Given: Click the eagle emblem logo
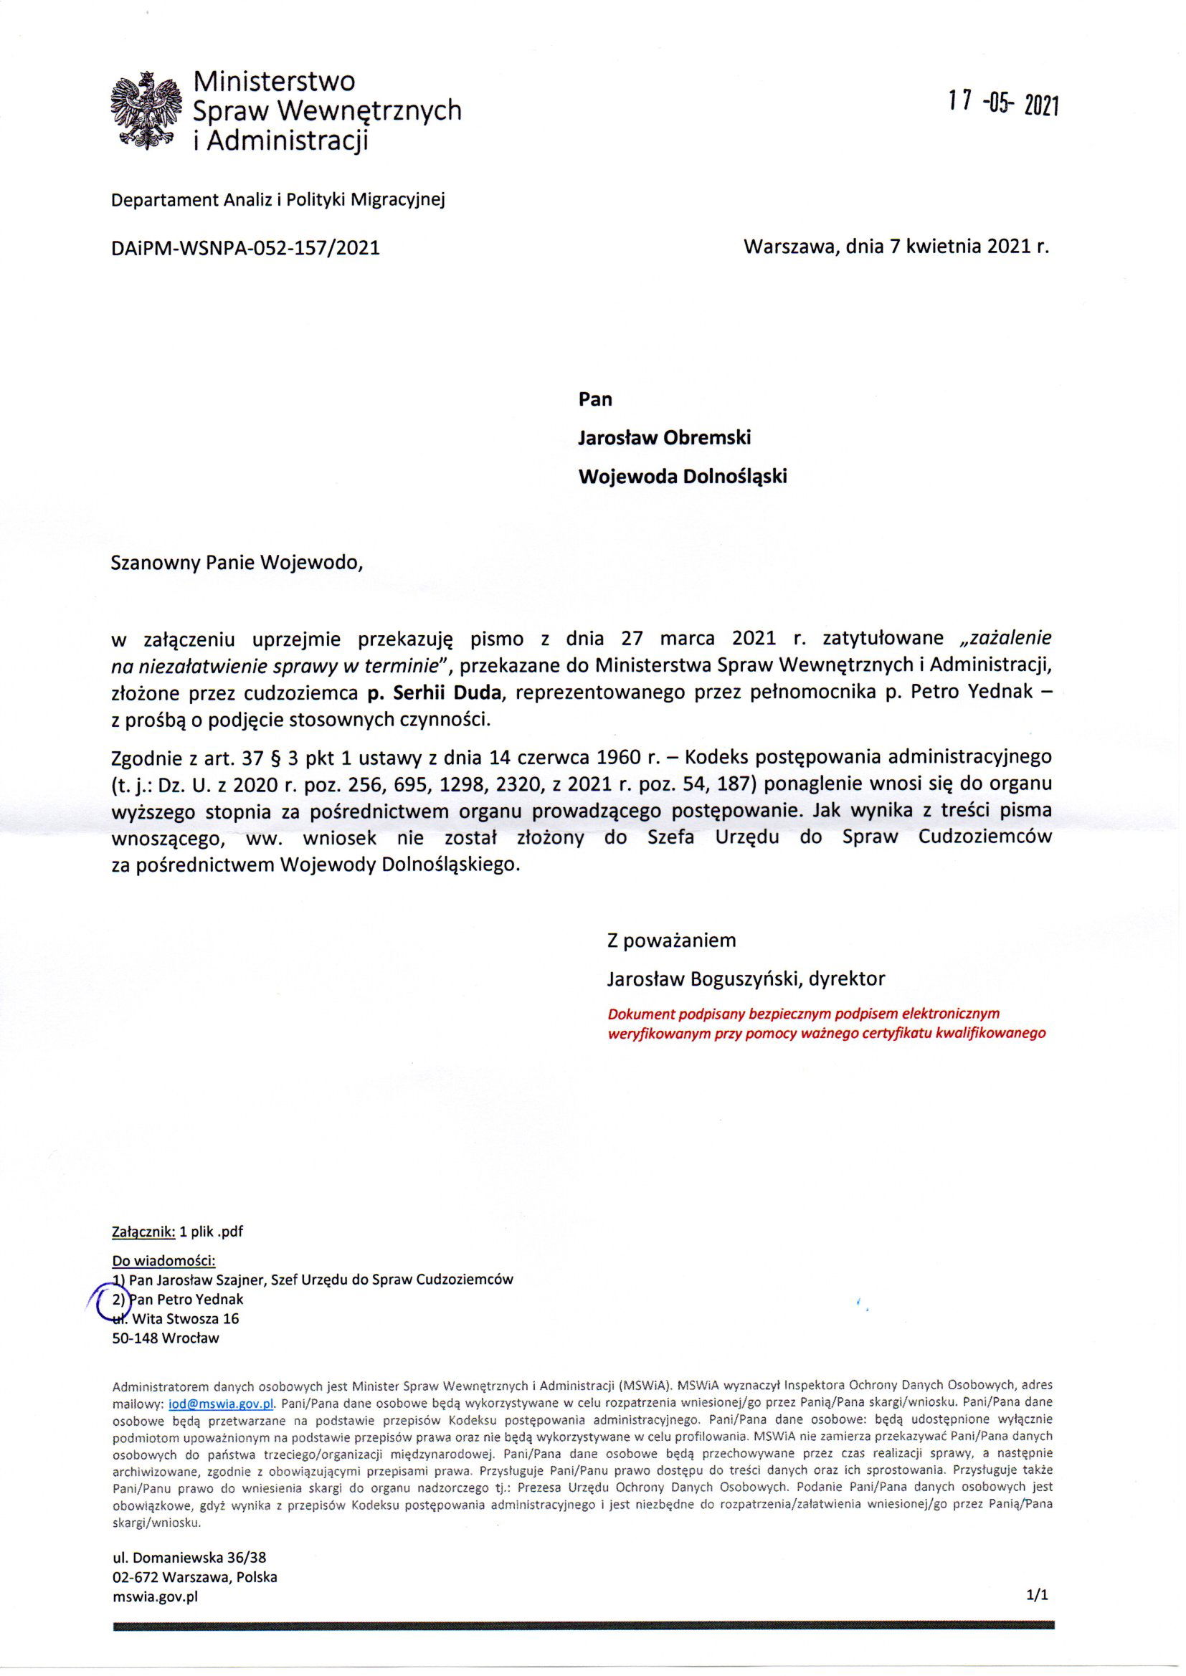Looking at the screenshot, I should click(x=146, y=112).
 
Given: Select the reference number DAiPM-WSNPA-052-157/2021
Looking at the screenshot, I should click(x=245, y=248).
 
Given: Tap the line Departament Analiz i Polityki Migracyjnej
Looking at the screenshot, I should click(x=277, y=199).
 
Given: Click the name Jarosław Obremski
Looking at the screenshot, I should click(x=665, y=437).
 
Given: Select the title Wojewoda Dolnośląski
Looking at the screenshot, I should click(x=683, y=476).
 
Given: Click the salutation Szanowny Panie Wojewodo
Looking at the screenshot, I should click(x=237, y=563).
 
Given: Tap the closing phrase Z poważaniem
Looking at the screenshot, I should click(x=671, y=941).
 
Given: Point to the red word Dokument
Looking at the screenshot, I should click(x=640, y=1014).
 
